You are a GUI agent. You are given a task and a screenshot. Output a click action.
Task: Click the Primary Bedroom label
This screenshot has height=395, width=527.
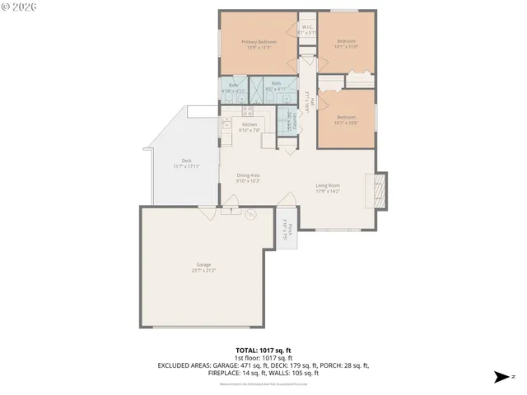pos(259,44)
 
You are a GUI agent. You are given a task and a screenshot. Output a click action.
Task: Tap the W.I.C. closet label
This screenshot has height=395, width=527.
pos(306,30)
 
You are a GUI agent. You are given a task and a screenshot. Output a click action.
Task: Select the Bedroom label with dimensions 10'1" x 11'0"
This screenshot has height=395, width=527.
pos(346,44)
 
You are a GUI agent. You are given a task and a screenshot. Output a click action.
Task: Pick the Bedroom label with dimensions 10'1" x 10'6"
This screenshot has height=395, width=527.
pos(346,121)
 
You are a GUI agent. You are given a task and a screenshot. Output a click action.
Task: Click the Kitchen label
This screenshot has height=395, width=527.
pos(250,127)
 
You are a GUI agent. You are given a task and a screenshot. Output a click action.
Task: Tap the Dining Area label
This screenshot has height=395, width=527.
pos(249,177)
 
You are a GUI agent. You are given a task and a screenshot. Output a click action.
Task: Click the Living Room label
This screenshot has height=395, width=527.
pos(328,188)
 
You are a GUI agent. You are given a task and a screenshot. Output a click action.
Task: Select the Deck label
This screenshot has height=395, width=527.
pos(187,164)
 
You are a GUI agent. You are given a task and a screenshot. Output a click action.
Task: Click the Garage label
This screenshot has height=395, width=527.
pos(203,267)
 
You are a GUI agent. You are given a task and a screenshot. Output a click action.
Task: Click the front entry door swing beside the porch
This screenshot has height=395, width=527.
pos(287,200)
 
